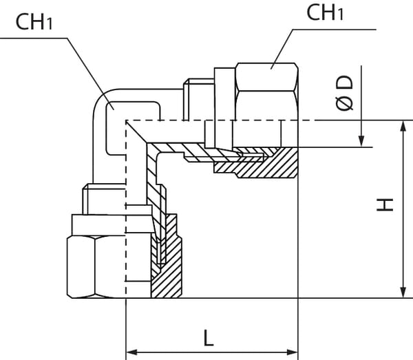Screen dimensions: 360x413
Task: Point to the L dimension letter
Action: (x=209, y=337)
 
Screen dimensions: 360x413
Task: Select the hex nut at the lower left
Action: (x=96, y=265)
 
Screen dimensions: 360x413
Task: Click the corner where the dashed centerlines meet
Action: (x=126, y=121)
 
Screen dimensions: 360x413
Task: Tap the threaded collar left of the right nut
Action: (x=196, y=100)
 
